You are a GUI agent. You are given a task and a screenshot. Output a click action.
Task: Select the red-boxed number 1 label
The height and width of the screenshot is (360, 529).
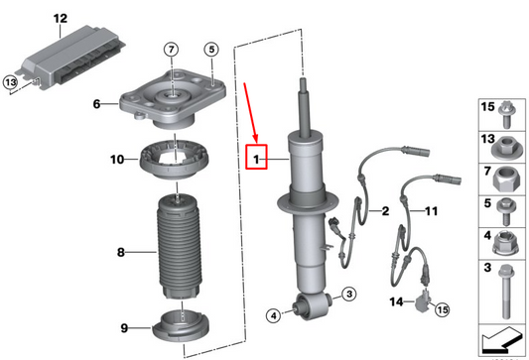click(x=256, y=157)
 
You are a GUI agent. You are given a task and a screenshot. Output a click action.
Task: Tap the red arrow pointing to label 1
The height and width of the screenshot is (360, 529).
click(x=250, y=112)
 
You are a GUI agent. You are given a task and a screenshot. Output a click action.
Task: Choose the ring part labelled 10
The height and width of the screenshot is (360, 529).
click(x=174, y=159)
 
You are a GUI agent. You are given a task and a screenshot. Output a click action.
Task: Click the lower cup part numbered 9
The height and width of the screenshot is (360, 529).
click(x=181, y=326)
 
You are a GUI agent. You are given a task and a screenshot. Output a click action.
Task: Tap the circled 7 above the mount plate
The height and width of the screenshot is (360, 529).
click(x=172, y=50)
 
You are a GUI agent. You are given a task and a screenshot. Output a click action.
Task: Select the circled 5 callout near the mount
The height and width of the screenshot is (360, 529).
click(x=211, y=50)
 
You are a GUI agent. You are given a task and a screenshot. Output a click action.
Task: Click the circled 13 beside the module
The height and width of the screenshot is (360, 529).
click(x=11, y=82)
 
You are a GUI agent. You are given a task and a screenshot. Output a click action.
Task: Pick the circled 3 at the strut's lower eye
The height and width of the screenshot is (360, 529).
click(x=349, y=294)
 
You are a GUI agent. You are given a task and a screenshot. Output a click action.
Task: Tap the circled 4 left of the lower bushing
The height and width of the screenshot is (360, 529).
click(x=274, y=315)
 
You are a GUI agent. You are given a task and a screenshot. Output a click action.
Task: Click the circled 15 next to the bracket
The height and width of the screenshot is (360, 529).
click(x=443, y=309)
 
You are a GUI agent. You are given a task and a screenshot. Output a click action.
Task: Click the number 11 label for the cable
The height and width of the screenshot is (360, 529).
click(x=431, y=211)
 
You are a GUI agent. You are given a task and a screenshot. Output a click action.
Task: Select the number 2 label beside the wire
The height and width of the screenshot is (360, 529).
click(x=385, y=211)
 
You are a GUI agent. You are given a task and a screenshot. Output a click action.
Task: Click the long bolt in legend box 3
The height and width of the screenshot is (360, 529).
click(x=505, y=292)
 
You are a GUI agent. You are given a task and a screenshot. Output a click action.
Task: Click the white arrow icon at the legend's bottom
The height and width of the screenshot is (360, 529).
click(x=502, y=340)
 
